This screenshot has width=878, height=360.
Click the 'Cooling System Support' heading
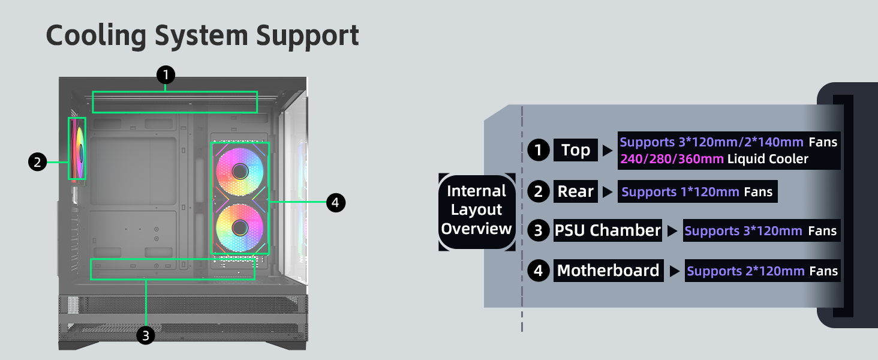click(202, 35)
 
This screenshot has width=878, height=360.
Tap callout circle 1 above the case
click(166, 75)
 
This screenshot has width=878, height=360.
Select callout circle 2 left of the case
click(37, 162)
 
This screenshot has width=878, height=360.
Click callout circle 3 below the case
click(146, 335)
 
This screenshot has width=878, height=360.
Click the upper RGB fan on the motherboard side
click(240, 172)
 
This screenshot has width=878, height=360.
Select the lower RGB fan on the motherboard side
click(240, 227)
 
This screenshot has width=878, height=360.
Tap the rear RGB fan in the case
click(77, 148)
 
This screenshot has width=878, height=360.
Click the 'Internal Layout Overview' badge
click(477, 210)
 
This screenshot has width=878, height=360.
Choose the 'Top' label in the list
click(575, 150)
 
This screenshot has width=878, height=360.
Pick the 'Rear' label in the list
click(575, 191)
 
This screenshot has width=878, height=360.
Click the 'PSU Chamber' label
click(607, 230)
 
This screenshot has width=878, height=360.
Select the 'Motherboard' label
click(608, 271)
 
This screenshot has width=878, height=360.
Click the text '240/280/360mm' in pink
click(672, 159)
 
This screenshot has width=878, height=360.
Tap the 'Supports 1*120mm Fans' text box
click(697, 192)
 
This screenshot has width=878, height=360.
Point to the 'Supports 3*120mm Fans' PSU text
click(761, 231)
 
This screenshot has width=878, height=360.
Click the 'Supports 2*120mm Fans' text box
click(762, 271)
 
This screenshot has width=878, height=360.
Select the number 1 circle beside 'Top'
click(539, 150)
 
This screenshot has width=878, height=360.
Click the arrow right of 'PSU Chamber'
click(673, 231)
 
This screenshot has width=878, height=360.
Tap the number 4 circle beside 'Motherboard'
click(539, 271)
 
